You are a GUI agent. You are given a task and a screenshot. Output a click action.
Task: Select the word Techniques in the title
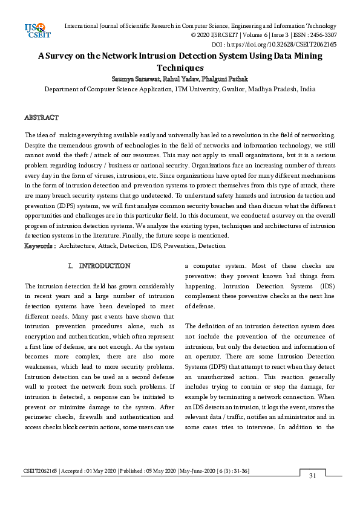(x=180, y=68)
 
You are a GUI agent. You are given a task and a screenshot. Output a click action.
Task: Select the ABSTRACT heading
(x=41, y=117)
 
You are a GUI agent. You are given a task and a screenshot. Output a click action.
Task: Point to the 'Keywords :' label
(x=40, y=245)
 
